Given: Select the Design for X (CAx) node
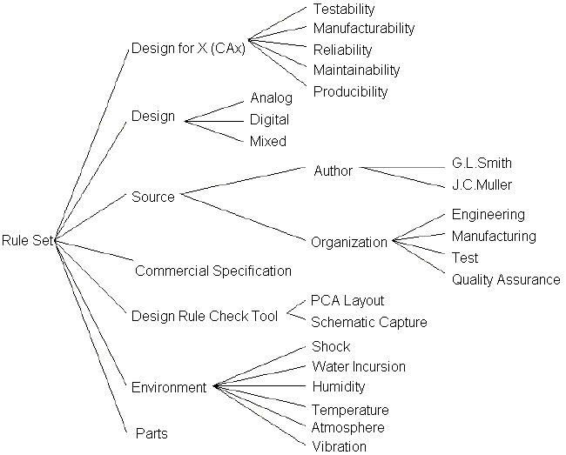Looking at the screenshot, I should pos(188,48).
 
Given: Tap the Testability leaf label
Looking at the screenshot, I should pos(343,10).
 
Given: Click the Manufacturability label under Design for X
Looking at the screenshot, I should pos(363,29).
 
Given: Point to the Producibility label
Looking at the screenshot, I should pos(349,91).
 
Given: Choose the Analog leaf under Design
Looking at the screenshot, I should pos(271,97).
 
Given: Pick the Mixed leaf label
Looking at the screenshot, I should pos(268,141).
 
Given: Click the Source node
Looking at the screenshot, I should pos(153,197).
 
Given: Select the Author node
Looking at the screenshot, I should pos(334,171).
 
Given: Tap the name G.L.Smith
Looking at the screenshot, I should pos(482,163).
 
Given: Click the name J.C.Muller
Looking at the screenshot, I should pos(482,184).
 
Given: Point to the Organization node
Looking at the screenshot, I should pos(349,242).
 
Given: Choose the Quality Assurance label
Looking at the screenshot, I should pos(505,279).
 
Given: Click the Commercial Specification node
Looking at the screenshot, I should pos(213,271).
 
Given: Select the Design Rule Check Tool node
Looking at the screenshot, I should pos(205,315).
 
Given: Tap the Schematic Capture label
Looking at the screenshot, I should pos(369,322).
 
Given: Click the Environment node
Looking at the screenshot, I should pos(169,387).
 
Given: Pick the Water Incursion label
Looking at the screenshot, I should pos(358,366).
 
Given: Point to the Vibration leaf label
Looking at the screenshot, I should pos(339,446).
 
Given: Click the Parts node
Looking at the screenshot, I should pos(152,432).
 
